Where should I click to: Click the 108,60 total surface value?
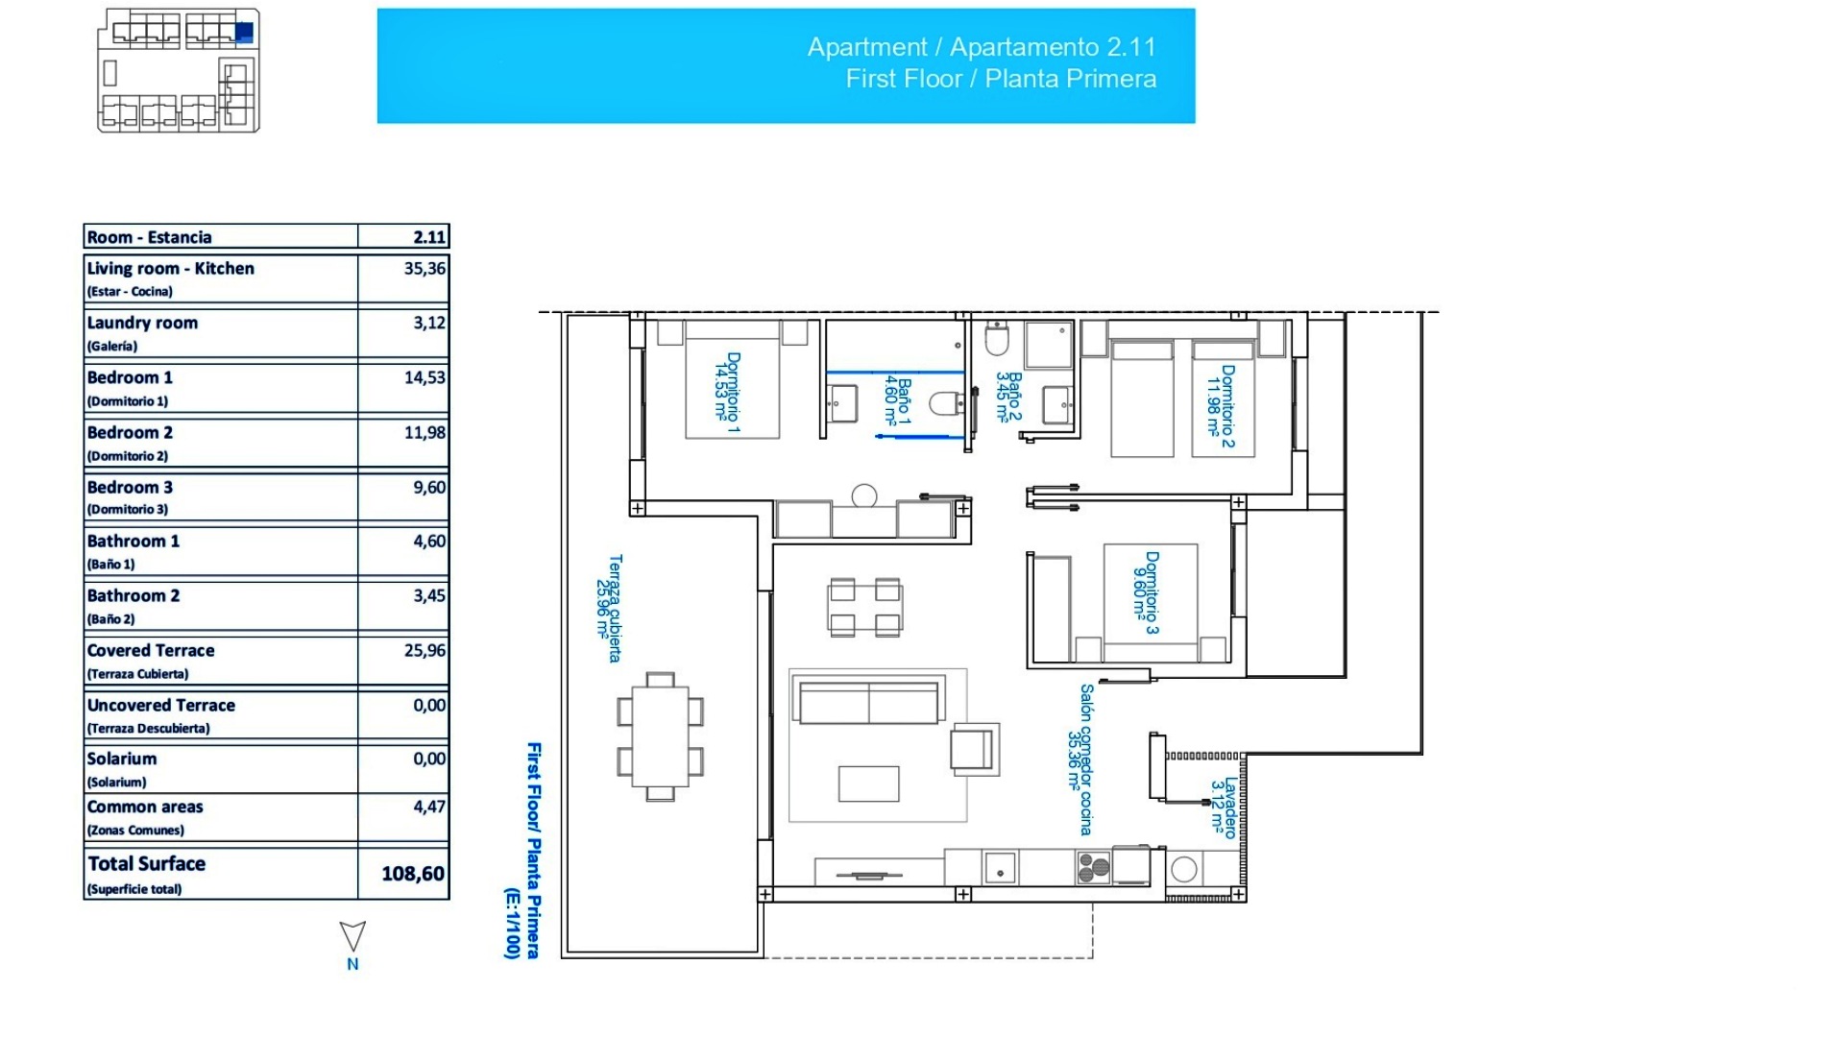tap(412, 874)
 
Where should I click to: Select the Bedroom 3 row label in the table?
tap(131, 488)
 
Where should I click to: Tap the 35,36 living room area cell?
tap(425, 269)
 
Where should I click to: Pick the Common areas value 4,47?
tap(429, 808)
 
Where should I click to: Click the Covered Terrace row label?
tap(151, 651)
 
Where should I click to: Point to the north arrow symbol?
tap(352, 937)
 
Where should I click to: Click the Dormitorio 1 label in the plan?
tap(727, 393)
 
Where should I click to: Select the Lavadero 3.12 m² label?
tap(1224, 808)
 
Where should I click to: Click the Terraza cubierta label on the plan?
tap(609, 608)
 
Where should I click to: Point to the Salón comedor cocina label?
tap(1080, 759)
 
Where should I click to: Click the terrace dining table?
tap(661, 736)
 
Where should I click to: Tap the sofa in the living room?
tap(868, 702)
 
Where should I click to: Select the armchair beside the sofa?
tap(972, 749)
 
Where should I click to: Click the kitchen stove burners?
tap(1094, 868)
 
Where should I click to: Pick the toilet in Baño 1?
tap(945, 404)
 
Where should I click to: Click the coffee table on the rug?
tap(868, 784)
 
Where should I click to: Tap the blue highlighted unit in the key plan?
tap(244, 33)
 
